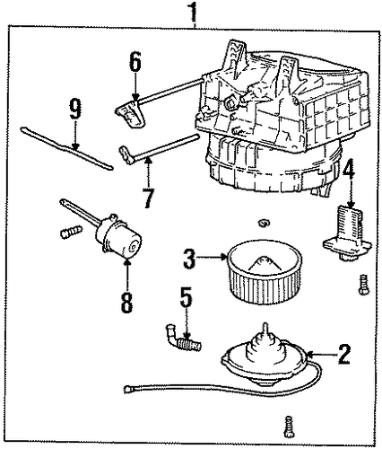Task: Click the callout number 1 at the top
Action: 194,12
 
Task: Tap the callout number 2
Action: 343,355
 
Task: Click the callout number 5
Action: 186,298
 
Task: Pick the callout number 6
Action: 135,62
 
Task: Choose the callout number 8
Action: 126,303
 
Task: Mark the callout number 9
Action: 75,109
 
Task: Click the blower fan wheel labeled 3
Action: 265,271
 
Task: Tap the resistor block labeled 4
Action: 347,233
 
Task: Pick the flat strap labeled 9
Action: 67,149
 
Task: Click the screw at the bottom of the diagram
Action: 288,427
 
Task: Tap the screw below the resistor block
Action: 363,285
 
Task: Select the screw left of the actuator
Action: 71,232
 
